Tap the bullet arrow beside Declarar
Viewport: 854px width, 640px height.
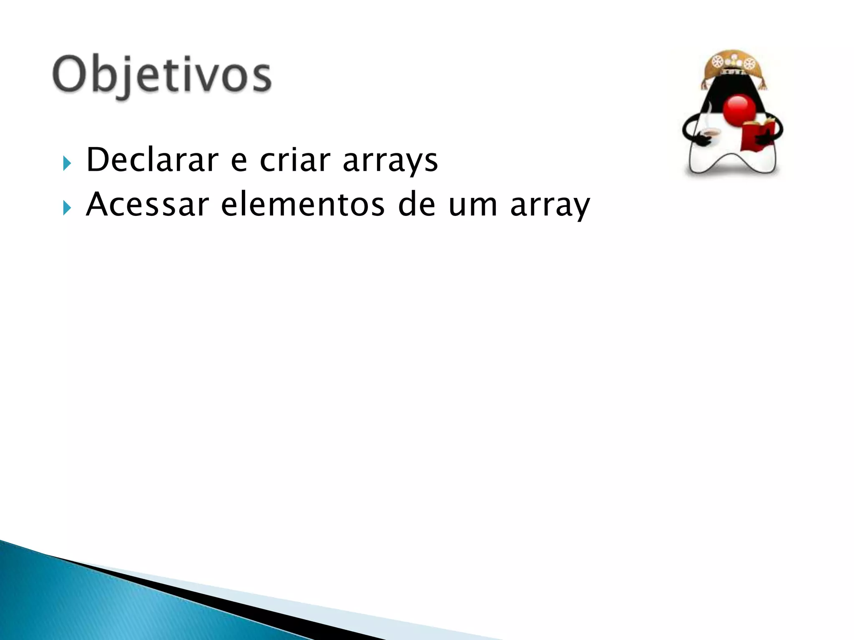click(x=67, y=163)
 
